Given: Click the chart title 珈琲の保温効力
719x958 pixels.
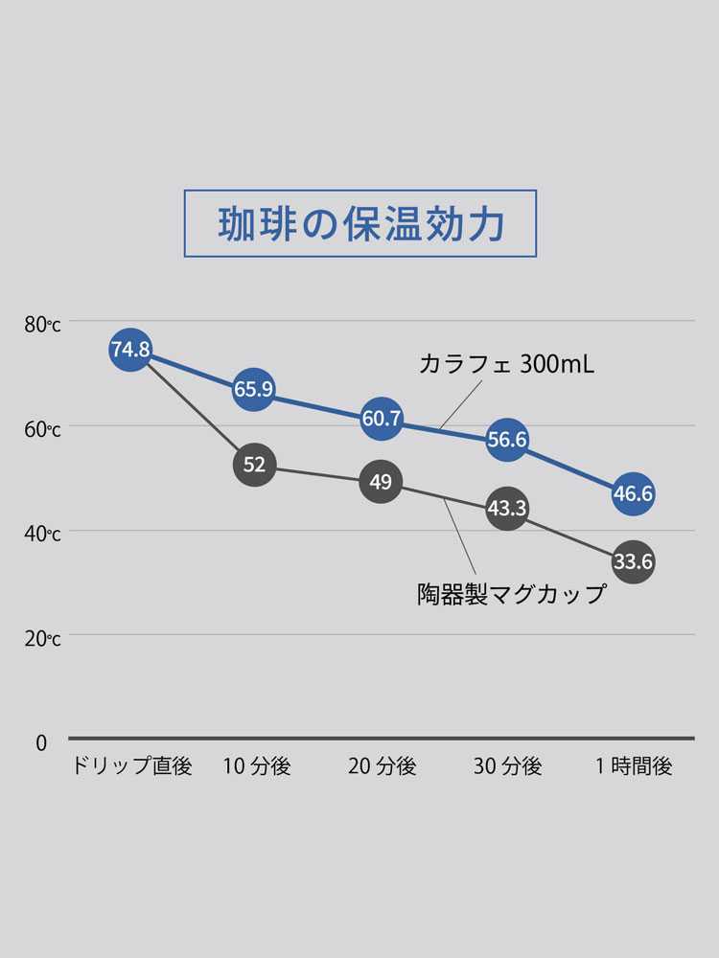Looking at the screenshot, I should pos(359,223).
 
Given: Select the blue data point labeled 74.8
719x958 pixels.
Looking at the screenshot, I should pos(130,350).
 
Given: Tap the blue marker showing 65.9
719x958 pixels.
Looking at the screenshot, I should pos(254,389).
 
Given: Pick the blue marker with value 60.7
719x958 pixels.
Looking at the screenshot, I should pos(381,419).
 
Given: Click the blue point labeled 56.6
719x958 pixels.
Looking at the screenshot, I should pos(507,440).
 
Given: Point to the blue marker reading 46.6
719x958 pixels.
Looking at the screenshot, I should pos(634,494).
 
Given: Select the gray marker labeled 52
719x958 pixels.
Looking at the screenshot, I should pos(254,465).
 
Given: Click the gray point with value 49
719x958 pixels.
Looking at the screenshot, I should pos(381,481).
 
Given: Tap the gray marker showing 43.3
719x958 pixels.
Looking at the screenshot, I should pos(507,509).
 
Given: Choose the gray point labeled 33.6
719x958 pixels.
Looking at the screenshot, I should pos(634,561).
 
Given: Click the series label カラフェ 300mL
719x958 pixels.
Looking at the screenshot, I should pos(507,364).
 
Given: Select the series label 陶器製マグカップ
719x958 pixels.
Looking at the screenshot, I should pos(512,595).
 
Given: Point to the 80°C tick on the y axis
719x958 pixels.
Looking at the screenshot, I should pos(42,325).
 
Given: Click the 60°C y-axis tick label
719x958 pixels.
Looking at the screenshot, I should pos(42,429).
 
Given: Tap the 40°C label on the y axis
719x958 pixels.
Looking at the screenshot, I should pos(42,534).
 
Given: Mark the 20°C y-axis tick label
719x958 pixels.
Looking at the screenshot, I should pos(42,638).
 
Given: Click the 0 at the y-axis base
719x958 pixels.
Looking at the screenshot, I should pos(41,742).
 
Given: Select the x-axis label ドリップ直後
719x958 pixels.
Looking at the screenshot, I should pos(132,766).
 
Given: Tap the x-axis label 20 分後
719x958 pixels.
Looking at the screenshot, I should pos(382,766).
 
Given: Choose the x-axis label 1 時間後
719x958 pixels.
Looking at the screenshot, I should pos(634,766).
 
